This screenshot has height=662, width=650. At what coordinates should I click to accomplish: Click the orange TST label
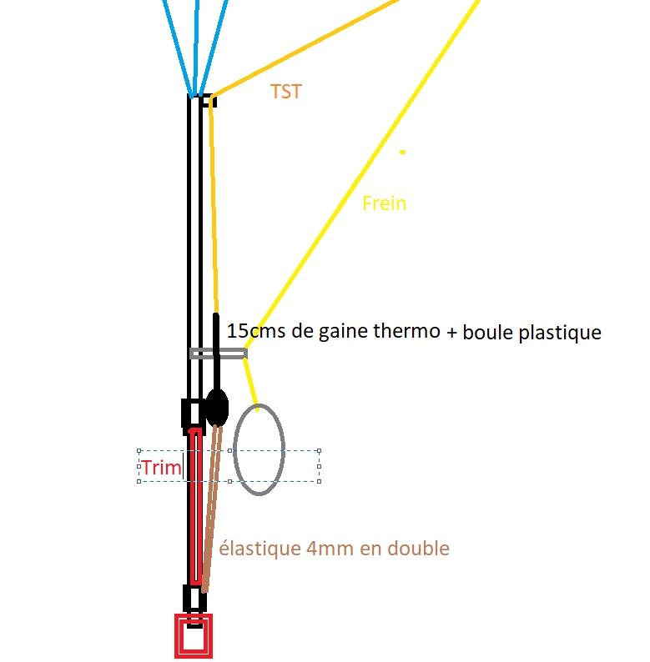(285, 92)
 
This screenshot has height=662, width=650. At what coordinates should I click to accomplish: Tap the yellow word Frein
(384, 203)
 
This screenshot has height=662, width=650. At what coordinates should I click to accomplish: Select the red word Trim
(161, 468)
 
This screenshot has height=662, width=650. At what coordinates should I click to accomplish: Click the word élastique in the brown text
(259, 549)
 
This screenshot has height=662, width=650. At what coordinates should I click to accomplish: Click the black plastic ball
(217, 408)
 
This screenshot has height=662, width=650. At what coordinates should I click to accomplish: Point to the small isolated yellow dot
(403, 152)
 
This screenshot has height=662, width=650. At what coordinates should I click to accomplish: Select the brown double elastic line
(212, 509)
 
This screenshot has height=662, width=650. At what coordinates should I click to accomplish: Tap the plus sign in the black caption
(451, 332)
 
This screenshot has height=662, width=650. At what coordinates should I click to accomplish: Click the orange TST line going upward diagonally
(305, 48)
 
